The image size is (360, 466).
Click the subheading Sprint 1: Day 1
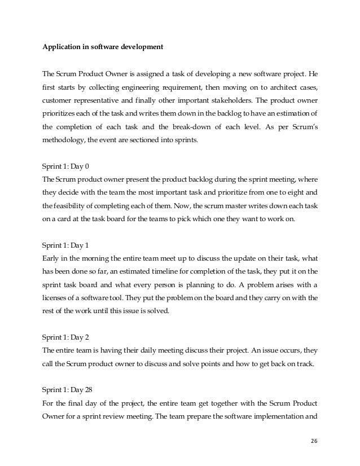point(67,247)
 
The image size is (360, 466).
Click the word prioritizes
point(63,115)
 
